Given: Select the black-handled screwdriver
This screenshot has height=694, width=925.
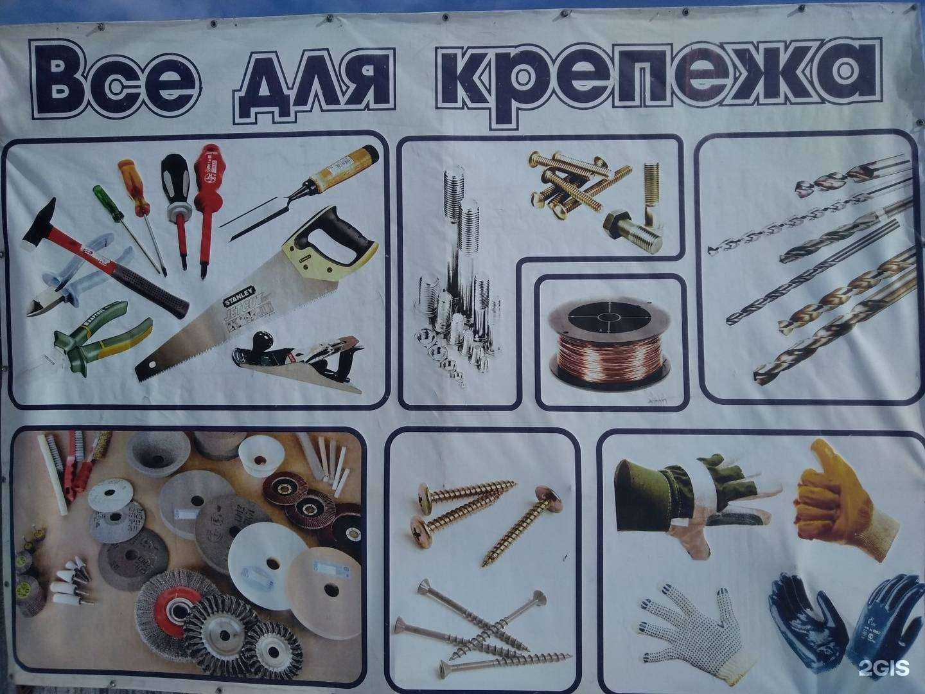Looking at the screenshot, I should pyautogui.click(x=176, y=186).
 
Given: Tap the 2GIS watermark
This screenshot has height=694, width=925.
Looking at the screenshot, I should pyautogui.click(x=884, y=668).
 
